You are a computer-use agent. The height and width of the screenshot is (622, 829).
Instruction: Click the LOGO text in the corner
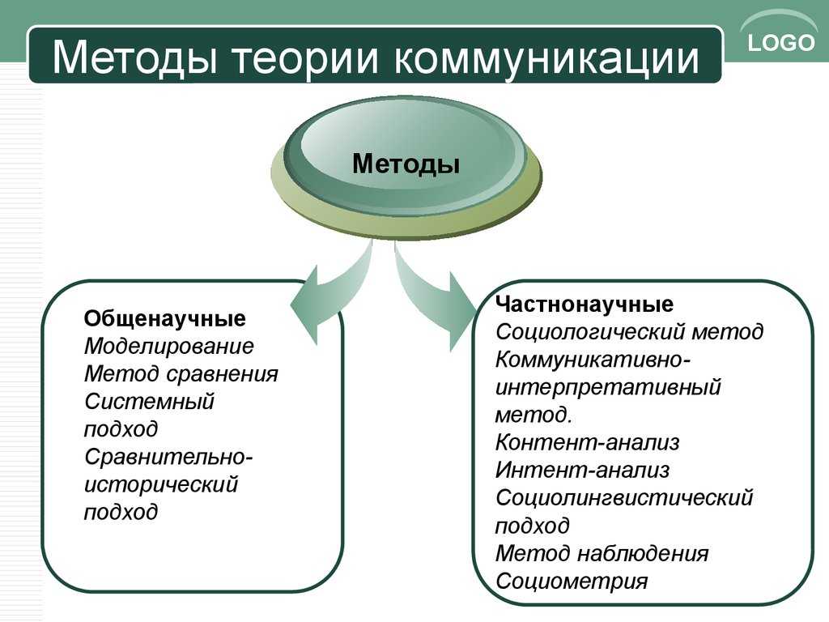tap(781, 42)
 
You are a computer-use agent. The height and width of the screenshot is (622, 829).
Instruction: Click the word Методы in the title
tap(135, 57)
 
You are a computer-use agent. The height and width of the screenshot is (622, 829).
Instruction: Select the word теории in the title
tap(306, 57)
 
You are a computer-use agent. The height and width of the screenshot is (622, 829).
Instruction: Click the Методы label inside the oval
tap(406, 163)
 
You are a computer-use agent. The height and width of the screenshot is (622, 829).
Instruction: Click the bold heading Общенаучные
tap(164, 319)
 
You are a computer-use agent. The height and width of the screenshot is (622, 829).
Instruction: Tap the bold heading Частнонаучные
tap(585, 305)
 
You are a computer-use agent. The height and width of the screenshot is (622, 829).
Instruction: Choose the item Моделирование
tap(168, 347)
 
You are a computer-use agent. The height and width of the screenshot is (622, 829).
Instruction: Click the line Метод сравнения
tap(181, 374)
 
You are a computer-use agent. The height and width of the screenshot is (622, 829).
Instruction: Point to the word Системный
tap(149, 402)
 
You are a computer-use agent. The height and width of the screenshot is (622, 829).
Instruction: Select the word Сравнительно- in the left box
tap(168, 457)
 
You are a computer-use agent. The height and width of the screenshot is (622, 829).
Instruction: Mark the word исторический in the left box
tap(161, 484)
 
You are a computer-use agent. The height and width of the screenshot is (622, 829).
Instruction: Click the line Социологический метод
tap(629, 331)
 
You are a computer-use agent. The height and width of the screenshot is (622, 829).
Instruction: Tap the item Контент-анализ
tap(587, 442)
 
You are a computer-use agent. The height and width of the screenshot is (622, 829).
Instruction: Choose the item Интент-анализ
tap(582, 470)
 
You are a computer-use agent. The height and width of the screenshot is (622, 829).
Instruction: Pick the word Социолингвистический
tap(624, 498)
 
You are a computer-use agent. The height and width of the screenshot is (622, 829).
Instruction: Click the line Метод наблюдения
tap(602, 553)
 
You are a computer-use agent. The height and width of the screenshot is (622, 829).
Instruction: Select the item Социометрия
tap(572, 581)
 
